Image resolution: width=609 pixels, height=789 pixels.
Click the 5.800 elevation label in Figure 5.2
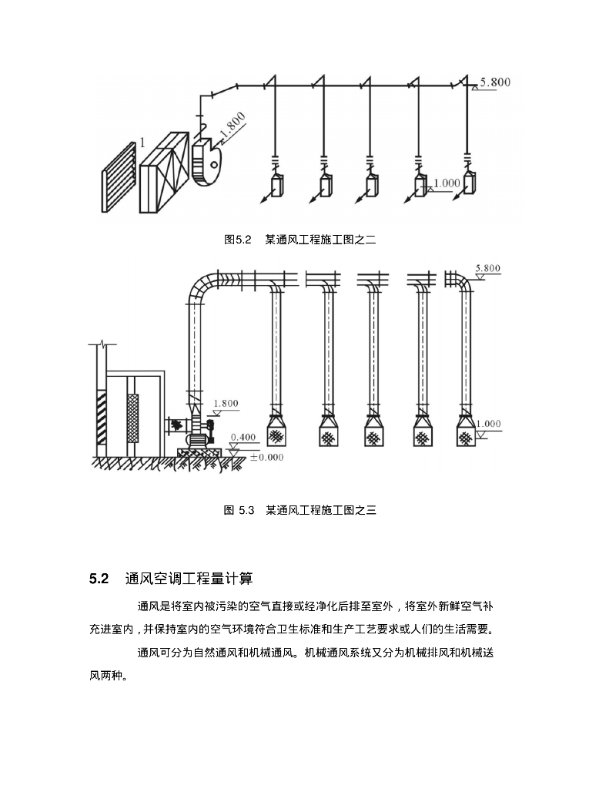(x=495, y=81)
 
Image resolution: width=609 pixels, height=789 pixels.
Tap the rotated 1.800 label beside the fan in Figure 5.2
(x=232, y=128)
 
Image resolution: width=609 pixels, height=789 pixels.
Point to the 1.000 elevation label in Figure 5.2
(x=447, y=183)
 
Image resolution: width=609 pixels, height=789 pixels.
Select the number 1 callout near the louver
(x=142, y=143)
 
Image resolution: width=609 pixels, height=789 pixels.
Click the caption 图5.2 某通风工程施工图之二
(x=299, y=240)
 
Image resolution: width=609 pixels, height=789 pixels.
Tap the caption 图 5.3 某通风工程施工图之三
(x=299, y=509)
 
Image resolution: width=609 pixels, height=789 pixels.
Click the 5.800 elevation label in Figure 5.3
(x=487, y=268)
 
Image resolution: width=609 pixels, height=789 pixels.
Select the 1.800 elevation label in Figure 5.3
(x=226, y=403)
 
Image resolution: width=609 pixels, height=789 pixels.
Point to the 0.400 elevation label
(x=244, y=437)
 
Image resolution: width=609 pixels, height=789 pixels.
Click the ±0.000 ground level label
(x=267, y=457)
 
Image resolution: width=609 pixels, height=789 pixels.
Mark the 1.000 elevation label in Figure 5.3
(x=489, y=424)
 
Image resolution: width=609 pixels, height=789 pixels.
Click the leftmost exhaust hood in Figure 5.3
(x=279, y=431)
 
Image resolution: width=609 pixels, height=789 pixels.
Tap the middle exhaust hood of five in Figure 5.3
(x=374, y=431)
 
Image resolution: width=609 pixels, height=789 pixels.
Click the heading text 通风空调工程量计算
(x=189, y=578)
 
